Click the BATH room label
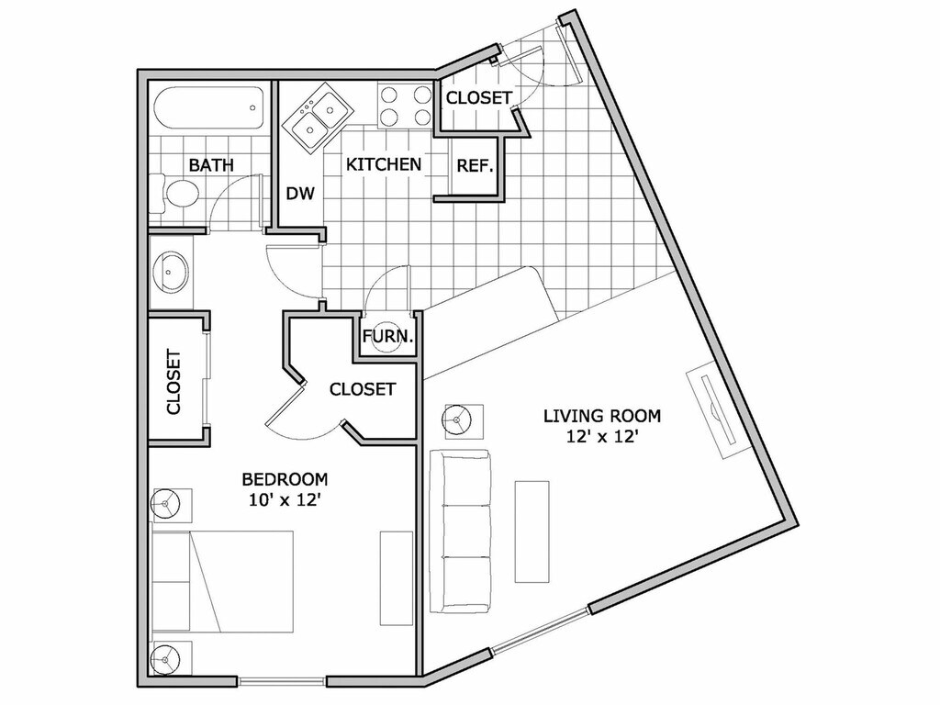[211, 165]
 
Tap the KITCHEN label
[384, 164]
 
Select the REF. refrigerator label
[476, 166]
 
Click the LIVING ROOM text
[601, 415]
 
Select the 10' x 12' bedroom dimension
[284, 500]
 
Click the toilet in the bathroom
[180, 193]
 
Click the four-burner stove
[405, 105]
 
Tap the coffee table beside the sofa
[532, 531]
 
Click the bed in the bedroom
[223, 580]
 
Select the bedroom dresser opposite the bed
[397, 577]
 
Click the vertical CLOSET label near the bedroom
[174, 382]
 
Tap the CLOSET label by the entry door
[478, 97]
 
